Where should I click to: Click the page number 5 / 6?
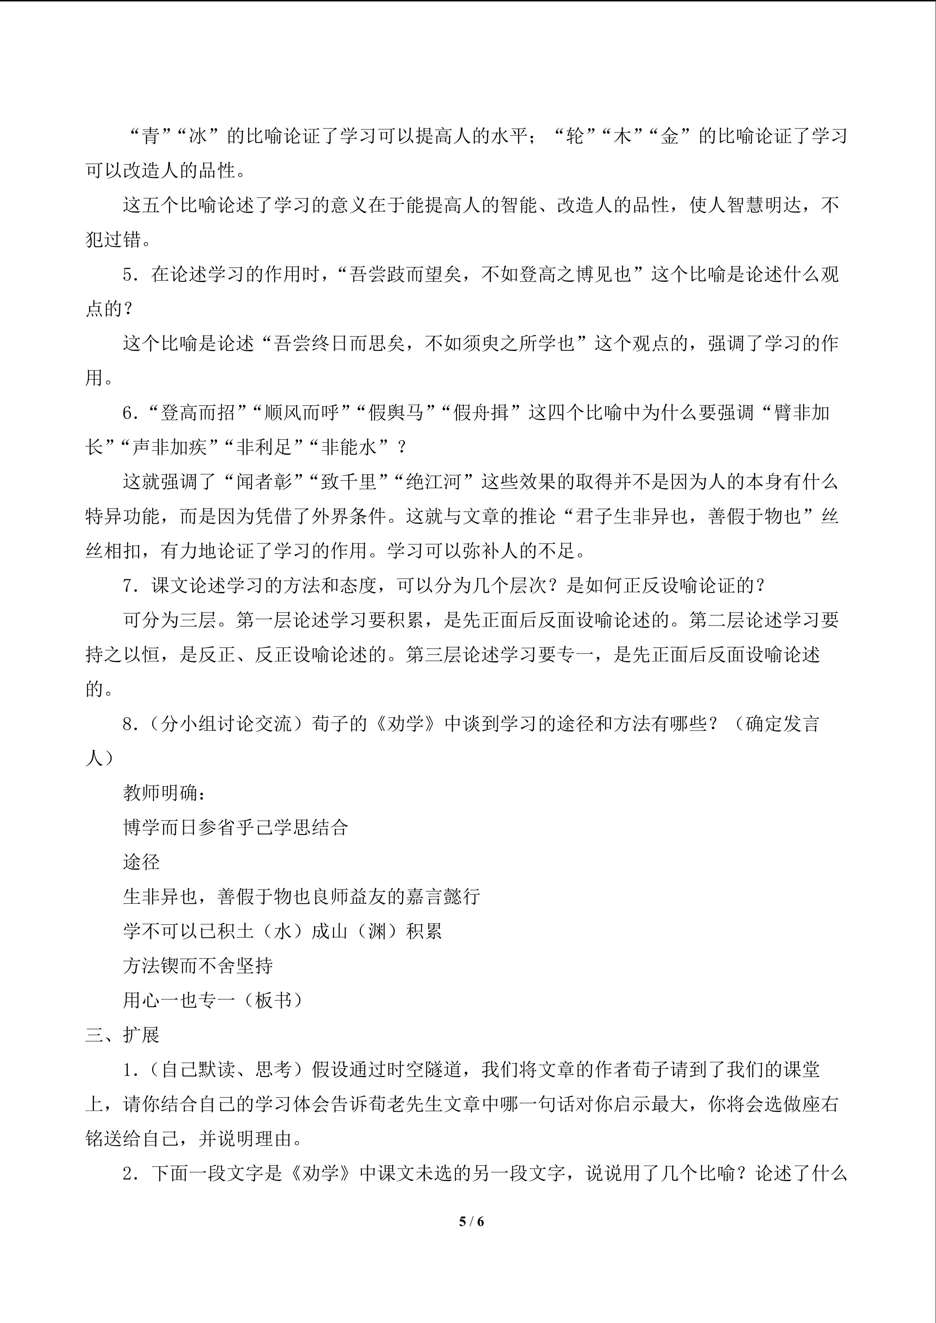click(471, 1221)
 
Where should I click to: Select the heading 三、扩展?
click(122, 1035)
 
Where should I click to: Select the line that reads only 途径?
click(141, 862)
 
